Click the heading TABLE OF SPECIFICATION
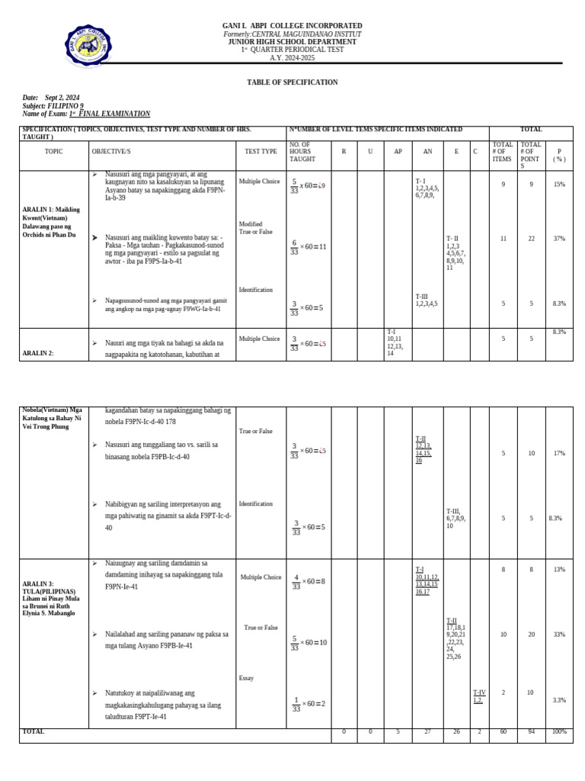292,82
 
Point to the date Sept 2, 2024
62,98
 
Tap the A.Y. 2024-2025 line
292,58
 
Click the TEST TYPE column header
261,152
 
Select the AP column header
397,152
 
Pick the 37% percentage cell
559,239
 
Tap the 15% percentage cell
559,185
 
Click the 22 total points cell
531,239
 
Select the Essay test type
246,678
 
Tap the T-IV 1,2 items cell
478,696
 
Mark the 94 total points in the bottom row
531,732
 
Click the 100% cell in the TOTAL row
559,732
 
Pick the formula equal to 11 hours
308,246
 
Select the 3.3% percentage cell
559,699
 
